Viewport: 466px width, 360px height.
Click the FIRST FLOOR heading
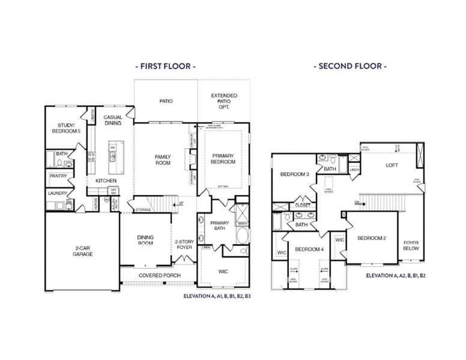(165, 66)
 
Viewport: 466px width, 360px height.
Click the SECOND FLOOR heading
(350, 66)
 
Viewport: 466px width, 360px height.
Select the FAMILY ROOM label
(163, 160)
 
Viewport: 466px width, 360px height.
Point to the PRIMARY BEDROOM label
(223, 158)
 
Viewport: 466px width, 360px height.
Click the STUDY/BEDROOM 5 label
(65, 127)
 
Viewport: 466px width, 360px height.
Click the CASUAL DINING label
(113, 120)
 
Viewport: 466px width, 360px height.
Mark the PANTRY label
(58, 176)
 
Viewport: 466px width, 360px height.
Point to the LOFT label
(392, 165)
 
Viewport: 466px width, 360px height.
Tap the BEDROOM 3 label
(295, 174)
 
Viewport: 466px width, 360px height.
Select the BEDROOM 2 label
(371, 238)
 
